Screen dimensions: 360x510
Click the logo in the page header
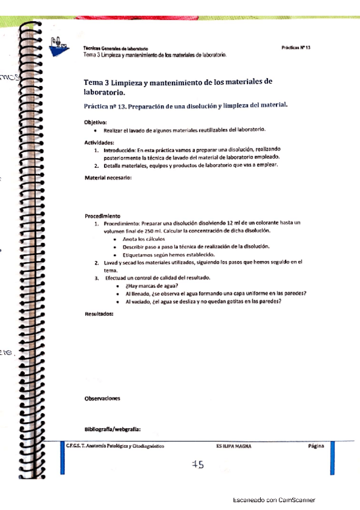click(59, 44)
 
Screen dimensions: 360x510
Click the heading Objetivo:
click(96, 122)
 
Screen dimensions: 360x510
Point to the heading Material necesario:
click(108, 177)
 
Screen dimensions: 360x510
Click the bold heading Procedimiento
click(102, 215)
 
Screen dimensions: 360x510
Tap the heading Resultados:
click(99, 315)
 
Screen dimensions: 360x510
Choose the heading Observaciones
click(102, 398)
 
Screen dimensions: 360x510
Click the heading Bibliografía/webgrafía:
click(112, 429)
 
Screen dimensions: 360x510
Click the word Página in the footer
click(316, 446)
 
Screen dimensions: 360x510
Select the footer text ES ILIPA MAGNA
click(233, 446)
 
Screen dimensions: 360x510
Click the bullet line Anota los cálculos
click(144, 239)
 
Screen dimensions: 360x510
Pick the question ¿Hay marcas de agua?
click(151, 286)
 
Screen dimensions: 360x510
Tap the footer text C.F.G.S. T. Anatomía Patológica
click(114, 446)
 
